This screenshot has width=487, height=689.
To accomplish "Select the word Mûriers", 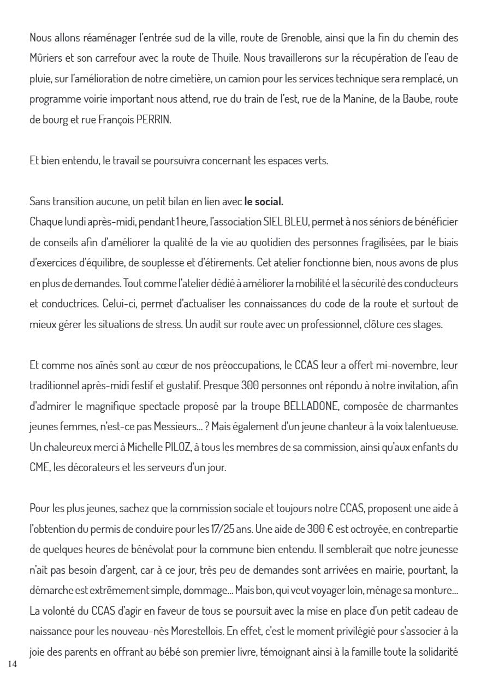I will click(x=47, y=58).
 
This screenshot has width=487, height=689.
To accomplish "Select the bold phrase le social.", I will click(x=264, y=202).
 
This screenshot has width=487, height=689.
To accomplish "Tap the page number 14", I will click(x=14, y=664).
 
